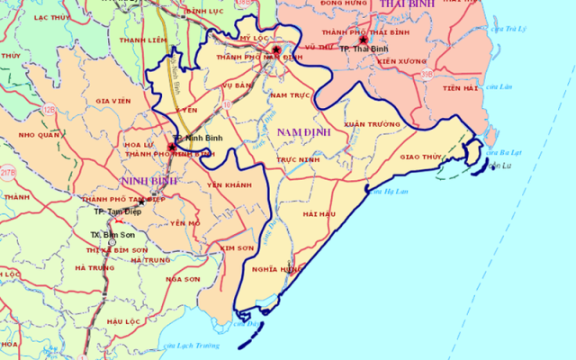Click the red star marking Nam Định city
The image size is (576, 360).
tap(276, 50)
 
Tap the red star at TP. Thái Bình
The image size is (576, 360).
tap(363, 40)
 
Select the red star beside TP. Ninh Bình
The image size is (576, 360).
tap(172, 146)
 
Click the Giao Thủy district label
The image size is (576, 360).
tap(420, 157)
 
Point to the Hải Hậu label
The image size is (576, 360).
tap(319, 214)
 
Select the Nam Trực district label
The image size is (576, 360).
tap(290, 94)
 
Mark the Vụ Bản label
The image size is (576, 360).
tap(238, 85)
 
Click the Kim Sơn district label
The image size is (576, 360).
tap(237, 247)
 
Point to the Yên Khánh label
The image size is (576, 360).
tap(229, 184)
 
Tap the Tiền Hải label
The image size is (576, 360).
tap(459, 88)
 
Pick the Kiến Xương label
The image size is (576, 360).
tap(400, 61)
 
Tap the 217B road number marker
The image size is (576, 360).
tap(8, 171)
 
